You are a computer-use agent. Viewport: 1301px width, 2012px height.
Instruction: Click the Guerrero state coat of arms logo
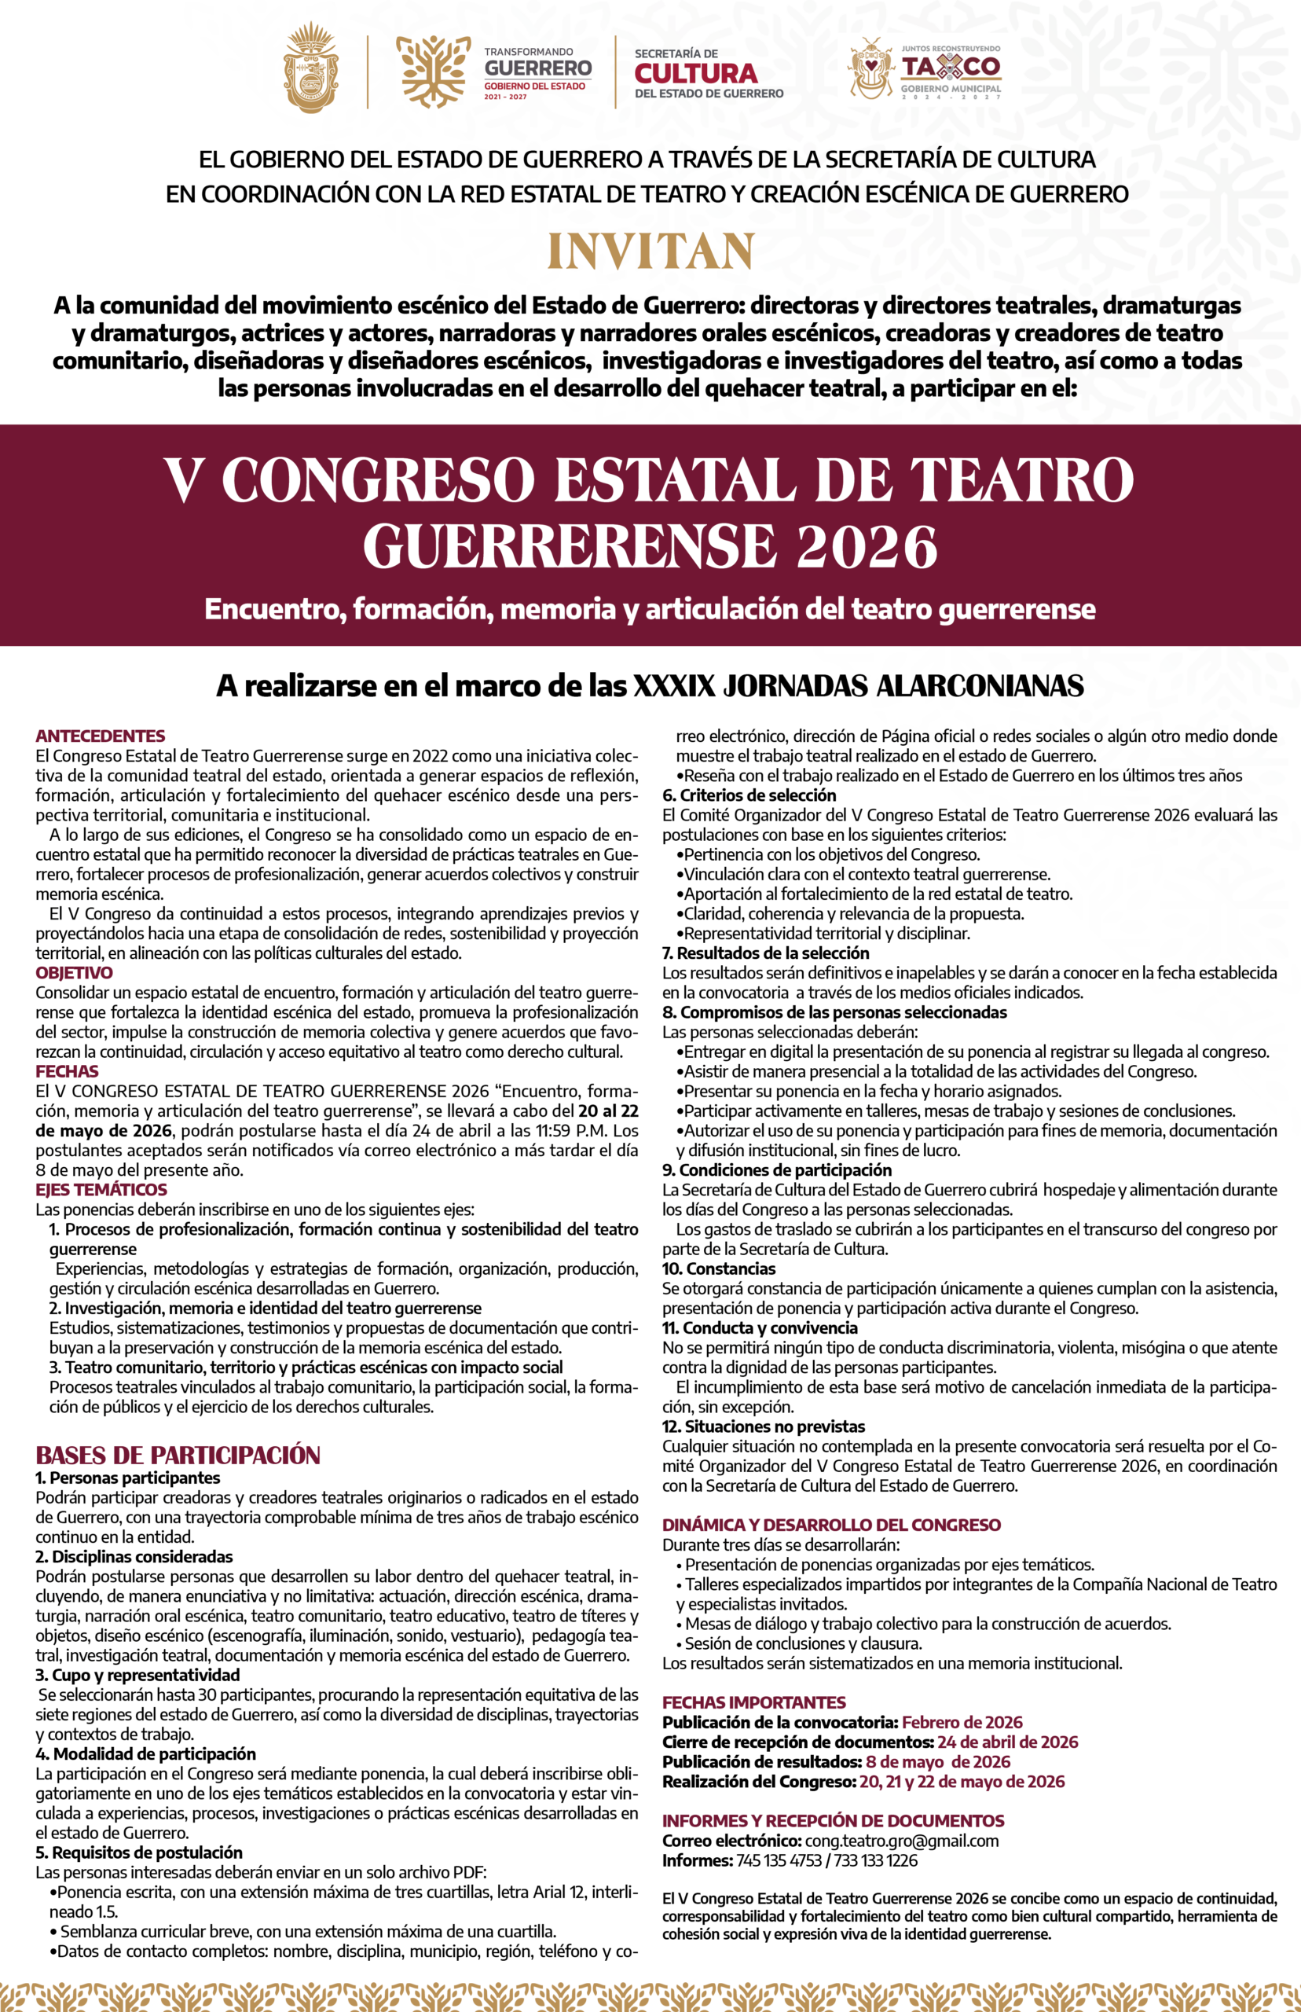(311, 69)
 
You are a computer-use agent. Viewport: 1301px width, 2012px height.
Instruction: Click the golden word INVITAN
(650, 251)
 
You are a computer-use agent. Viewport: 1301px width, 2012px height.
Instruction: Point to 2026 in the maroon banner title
(867, 548)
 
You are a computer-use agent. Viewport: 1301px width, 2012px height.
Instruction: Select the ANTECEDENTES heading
(101, 736)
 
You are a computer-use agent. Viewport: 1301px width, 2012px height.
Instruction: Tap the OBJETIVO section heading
(74, 973)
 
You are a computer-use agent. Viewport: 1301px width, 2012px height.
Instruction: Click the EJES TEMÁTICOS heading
(101, 1190)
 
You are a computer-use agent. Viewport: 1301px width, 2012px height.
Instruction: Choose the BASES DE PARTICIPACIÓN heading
(178, 1455)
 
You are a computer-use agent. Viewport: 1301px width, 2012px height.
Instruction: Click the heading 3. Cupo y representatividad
(137, 1675)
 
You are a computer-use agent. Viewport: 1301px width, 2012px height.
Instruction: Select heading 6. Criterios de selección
(749, 795)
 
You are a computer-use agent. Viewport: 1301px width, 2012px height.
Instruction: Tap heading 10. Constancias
(719, 1269)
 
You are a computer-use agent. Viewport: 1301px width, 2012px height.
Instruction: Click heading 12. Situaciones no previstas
(764, 1426)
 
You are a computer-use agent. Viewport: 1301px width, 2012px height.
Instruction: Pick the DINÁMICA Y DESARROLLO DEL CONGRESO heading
(831, 1526)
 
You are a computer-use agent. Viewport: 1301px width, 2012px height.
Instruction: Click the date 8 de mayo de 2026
(938, 1762)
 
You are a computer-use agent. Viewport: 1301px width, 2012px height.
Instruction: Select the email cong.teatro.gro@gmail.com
(901, 1841)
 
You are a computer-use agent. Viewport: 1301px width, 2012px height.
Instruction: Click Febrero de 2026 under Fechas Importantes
(962, 1722)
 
